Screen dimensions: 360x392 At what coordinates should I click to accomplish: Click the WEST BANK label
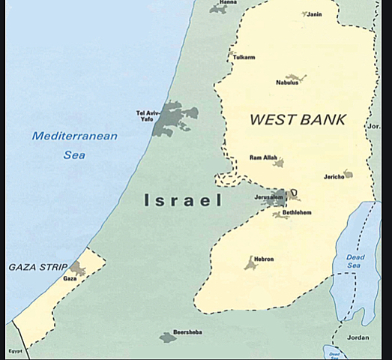[x=298, y=119]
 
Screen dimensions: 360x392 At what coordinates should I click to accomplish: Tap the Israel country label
[x=183, y=201]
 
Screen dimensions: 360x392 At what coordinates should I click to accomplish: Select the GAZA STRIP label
[x=37, y=267]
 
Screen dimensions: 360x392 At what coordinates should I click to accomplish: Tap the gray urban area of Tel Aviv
[x=172, y=118]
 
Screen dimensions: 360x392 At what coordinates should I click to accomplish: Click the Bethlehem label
[x=297, y=212]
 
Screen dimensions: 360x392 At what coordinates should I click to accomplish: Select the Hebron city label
[x=264, y=259]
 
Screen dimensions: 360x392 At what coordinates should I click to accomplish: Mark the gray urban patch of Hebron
[x=250, y=263]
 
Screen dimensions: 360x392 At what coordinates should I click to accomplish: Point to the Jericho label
[x=334, y=176]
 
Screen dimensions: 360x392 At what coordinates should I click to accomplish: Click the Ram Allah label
[x=263, y=157]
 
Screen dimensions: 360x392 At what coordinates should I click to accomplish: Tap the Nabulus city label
[x=286, y=82]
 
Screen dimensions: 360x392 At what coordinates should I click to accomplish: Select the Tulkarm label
[x=244, y=57]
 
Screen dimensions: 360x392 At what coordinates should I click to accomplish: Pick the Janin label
[x=315, y=13]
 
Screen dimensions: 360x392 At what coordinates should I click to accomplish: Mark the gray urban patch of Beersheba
[x=168, y=337]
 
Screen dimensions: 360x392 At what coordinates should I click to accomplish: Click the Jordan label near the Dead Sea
[x=360, y=337]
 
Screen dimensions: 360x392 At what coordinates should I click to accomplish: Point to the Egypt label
[x=14, y=350]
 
